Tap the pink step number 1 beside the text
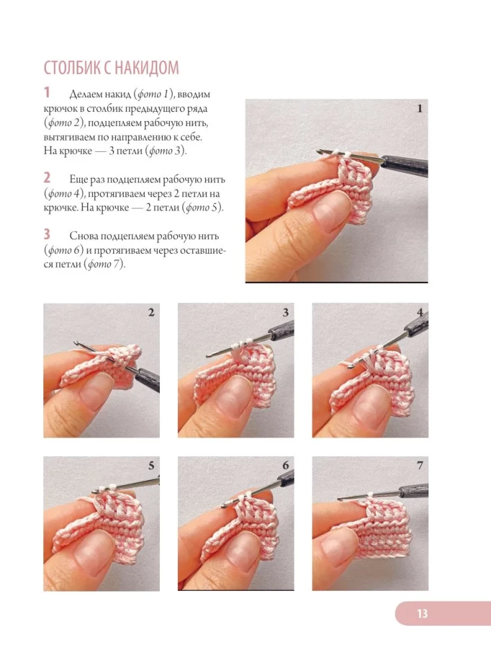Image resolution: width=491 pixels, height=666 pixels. (x=47, y=92)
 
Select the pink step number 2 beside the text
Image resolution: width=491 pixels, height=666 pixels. (x=47, y=178)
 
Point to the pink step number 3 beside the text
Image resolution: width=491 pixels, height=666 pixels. (x=47, y=234)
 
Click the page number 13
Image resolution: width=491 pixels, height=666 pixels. (x=422, y=613)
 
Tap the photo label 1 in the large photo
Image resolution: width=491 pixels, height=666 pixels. (x=420, y=109)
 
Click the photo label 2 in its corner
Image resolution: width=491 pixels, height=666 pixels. (x=151, y=312)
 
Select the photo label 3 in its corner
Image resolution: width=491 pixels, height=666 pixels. (x=285, y=312)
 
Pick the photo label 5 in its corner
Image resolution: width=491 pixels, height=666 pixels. (x=151, y=466)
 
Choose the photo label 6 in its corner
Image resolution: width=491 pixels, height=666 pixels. (x=285, y=466)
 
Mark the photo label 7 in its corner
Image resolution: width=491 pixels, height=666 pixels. (x=420, y=466)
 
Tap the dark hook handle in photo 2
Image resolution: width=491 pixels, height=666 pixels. (x=147, y=378)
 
